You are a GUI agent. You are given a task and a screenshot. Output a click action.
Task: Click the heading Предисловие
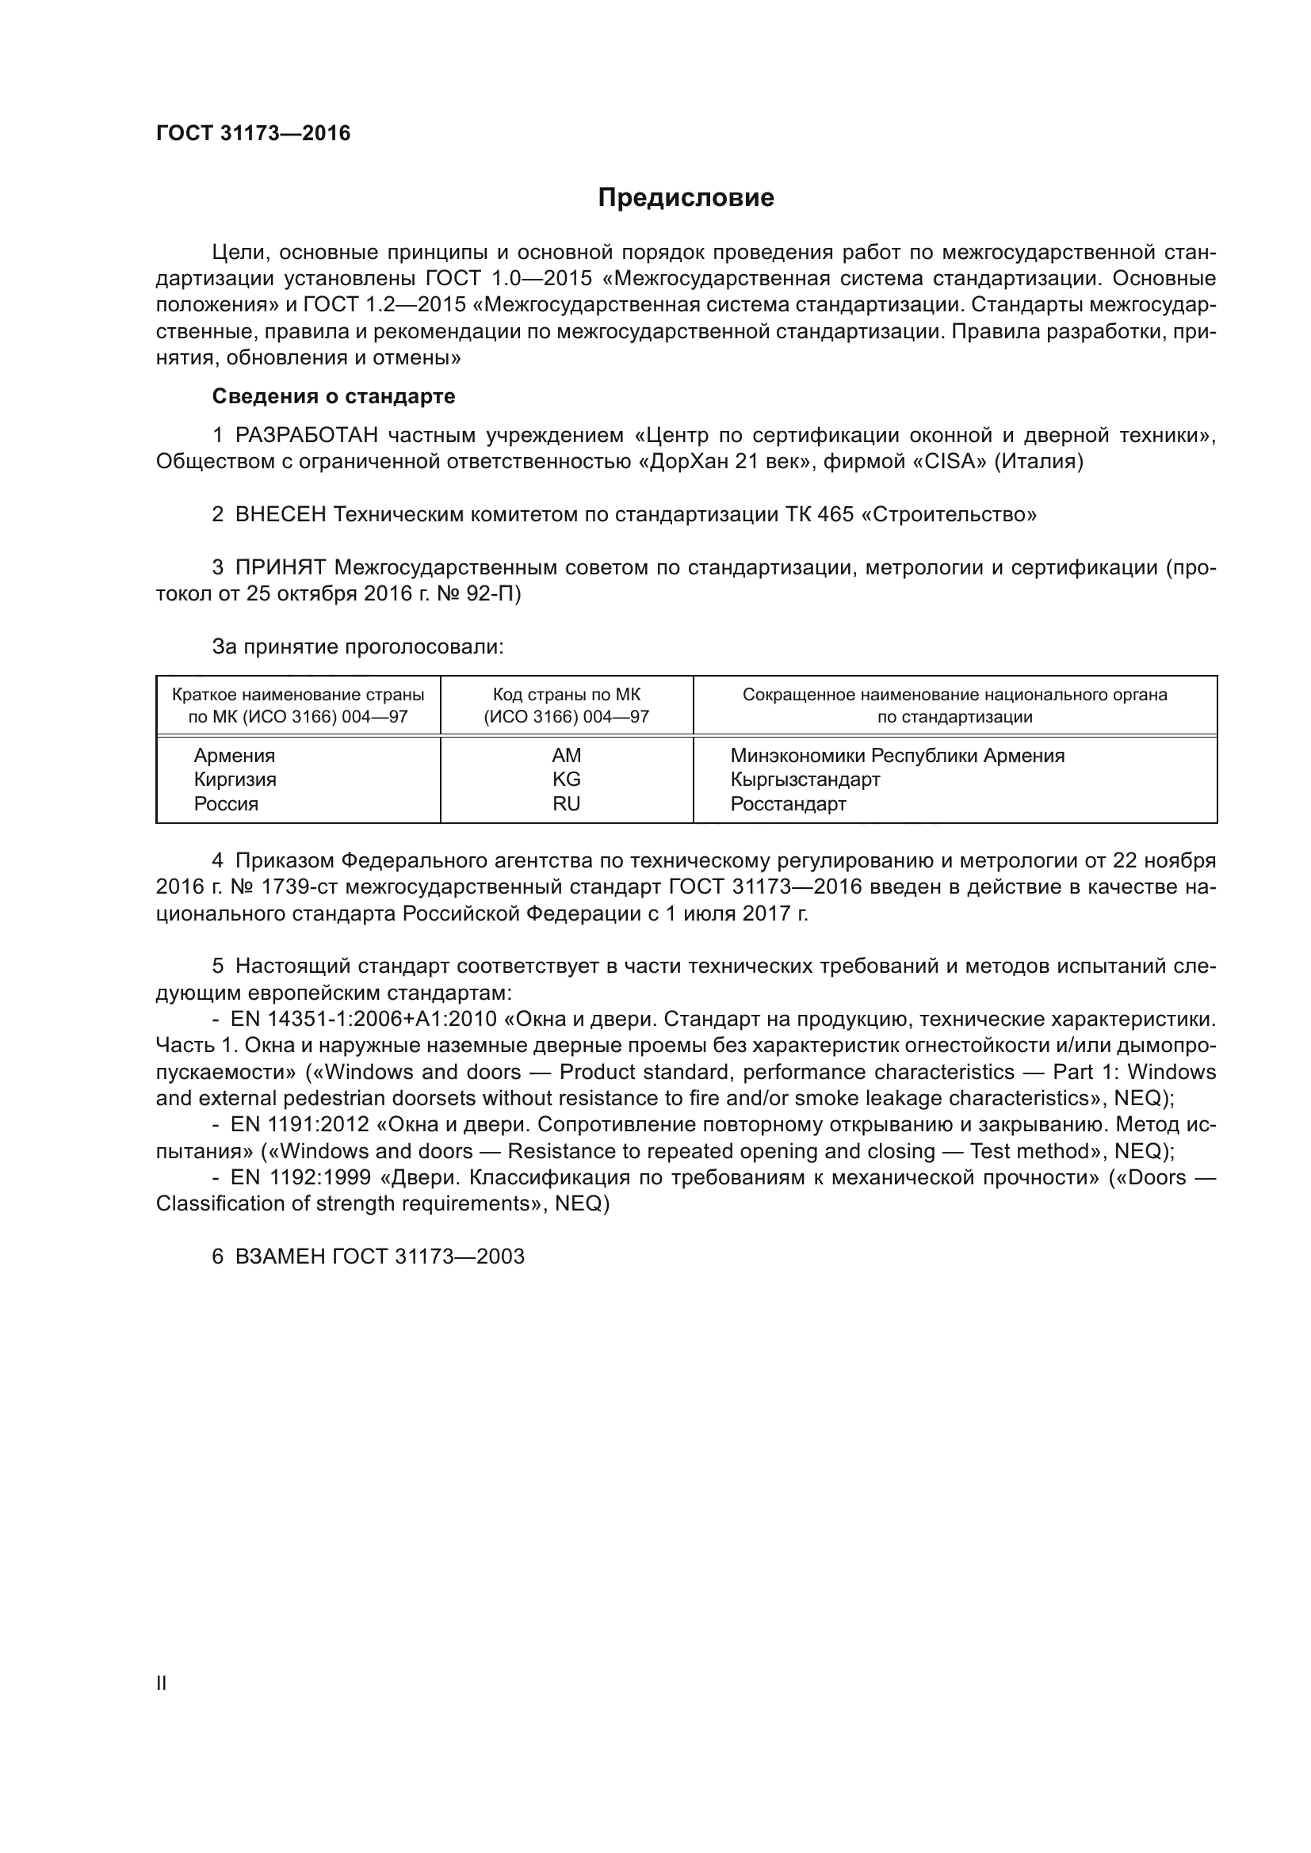click(x=686, y=198)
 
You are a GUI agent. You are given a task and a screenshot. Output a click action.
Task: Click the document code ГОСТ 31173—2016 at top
click(x=254, y=134)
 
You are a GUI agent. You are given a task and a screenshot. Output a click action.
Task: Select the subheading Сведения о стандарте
click(x=334, y=396)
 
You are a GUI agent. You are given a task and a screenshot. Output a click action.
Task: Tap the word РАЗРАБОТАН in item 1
click(x=306, y=436)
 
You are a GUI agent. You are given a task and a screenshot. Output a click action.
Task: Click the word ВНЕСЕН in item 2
click(x=280, y=514)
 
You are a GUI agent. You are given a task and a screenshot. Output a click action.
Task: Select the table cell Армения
click(x=234, y=756)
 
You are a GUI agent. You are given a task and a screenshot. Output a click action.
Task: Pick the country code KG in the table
click(x=566, y=780)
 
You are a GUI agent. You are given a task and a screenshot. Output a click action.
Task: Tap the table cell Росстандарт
click(x=788, y=804)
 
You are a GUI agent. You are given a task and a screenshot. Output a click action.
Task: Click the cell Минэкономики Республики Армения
click(x=897, y=756)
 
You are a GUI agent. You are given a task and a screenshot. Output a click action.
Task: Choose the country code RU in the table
click(x=566, y=804)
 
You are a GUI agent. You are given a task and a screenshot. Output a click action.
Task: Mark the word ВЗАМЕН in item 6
click(x=280, y=1256)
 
